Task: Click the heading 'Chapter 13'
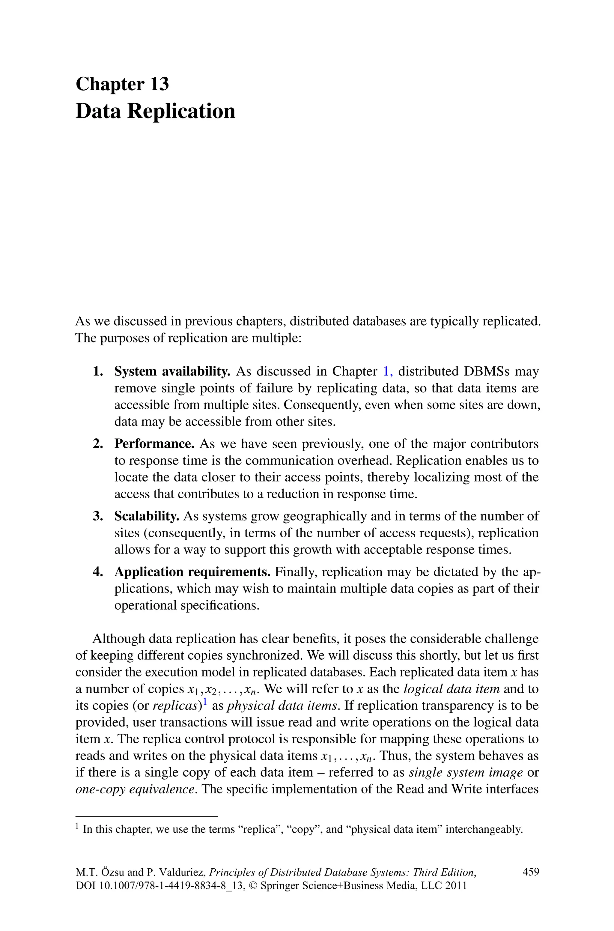point(122,84)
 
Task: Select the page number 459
point(531,872)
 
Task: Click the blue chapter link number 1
point(386,371)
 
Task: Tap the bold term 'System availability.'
point(172,371)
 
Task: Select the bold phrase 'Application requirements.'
point(192,572)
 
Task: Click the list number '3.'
point(98,516)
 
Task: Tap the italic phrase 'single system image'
point(466,772)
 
